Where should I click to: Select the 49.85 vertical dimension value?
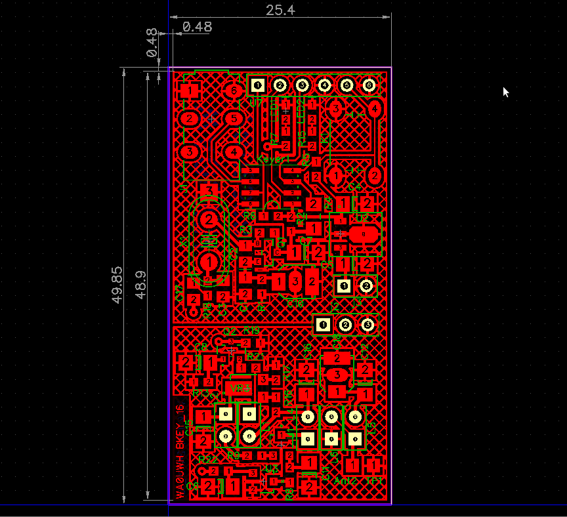[x=117, y=283]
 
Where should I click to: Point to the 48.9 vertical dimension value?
[x=140, y=285]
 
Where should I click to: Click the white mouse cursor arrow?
[x=505, y=92]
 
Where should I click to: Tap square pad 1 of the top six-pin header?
[x=258, y=85]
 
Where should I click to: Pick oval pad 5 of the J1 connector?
[x=234, y=119]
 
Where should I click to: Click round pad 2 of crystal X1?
[x=209, y=218]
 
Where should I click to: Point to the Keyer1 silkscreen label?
[x=272, y=159]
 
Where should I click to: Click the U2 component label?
[x=362, y=217]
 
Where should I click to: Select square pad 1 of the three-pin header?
[x=322, y=324]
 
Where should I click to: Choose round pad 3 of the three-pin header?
[x=367, y=324]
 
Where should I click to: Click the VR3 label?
[x=238, y=388]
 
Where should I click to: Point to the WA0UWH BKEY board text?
[x=180, y=453]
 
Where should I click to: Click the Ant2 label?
[x=345, y=481]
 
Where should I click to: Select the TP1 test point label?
[x=374, y=481]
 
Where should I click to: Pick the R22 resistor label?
[x=207, y=459]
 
